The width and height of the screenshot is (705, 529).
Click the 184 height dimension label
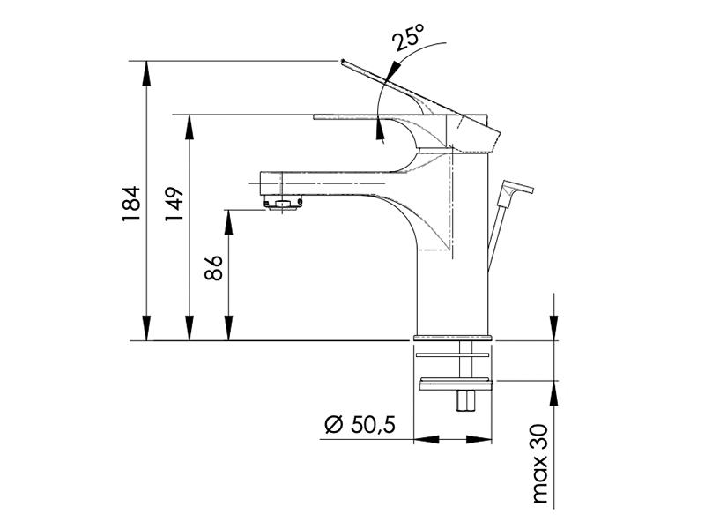[130, 204]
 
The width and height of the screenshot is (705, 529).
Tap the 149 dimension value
[174, 204]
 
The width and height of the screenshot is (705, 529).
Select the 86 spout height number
[213, 268]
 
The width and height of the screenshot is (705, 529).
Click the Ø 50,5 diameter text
[360, 424]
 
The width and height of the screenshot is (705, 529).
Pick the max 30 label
[539, 464]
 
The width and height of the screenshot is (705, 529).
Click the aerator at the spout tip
[283, 202]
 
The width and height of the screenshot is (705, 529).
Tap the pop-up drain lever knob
[517, 187]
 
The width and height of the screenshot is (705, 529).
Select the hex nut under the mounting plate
[465, 400]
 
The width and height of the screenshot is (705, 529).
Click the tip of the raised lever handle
[343, 60]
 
